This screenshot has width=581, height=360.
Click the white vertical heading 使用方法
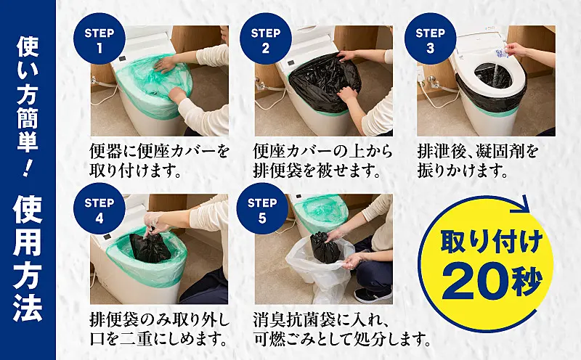(28, 258)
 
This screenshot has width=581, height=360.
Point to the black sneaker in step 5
(373, 295)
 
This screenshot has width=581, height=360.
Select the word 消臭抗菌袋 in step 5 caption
(296, 319)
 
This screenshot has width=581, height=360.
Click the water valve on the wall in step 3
(431, 81)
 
